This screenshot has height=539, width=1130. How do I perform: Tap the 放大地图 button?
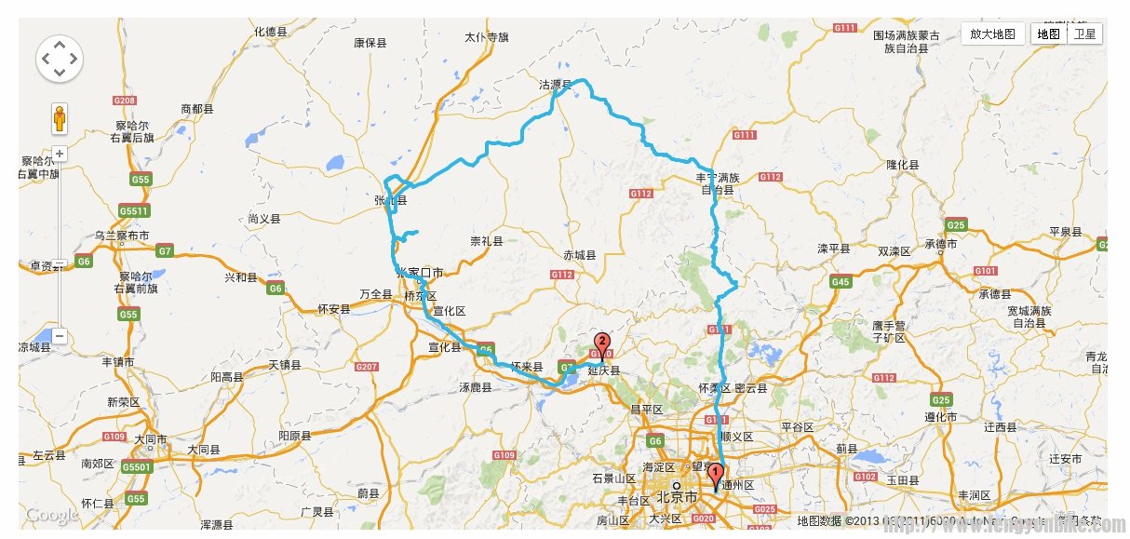(x=992, y=34)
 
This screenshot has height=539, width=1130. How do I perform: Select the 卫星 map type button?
(x=1084, y=34)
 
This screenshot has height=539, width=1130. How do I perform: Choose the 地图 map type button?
(x=1049, y=34)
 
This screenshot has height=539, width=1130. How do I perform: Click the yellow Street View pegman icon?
(x=60, y=119)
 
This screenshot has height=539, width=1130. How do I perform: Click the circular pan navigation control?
(x=60, y=60)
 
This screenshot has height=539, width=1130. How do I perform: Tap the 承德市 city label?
(x=941, y=244)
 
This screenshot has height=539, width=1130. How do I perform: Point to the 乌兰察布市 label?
(x=121, y=236)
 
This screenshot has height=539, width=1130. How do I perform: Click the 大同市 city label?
(x=150, y=438)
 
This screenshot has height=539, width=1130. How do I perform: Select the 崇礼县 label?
(x=486, y=241)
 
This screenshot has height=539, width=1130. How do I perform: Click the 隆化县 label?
(x=902, y=165)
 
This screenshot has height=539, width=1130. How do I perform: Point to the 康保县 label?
(x=370, y=43)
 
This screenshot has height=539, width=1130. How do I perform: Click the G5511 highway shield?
(x=134, y=210)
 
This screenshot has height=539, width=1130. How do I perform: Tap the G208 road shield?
(x=124, y=101)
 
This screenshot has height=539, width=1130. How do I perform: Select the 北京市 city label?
(x=677, y=496)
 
